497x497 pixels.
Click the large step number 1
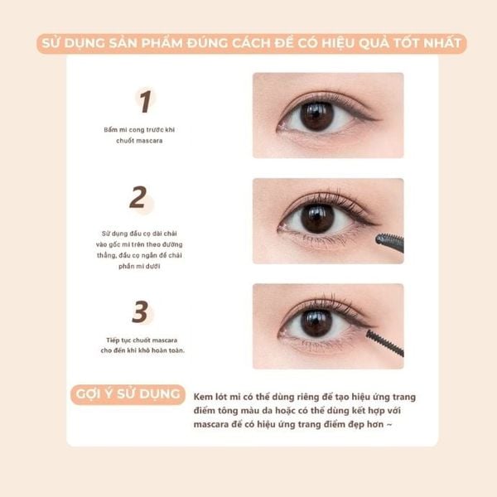point(145,101)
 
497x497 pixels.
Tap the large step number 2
point(138,197)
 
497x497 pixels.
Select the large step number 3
point(140,311)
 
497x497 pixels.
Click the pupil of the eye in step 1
point(317,116)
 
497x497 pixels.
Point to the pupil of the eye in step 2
point(317,219)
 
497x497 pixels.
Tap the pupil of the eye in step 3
point(316,323)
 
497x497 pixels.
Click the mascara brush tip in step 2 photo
point(379,239)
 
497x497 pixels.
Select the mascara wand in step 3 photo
point(385,343)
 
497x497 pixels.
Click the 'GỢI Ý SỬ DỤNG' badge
point(128,394)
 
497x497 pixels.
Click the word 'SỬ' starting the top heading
point(51,43)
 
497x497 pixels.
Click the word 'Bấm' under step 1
point(109,130)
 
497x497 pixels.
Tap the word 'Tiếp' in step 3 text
point(113,340)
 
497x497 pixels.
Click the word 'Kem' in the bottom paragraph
point(203,397)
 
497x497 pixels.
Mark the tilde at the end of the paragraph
point(389,424)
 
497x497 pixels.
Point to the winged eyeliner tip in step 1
point(379,120)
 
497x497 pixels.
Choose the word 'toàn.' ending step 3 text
point(176,350)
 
